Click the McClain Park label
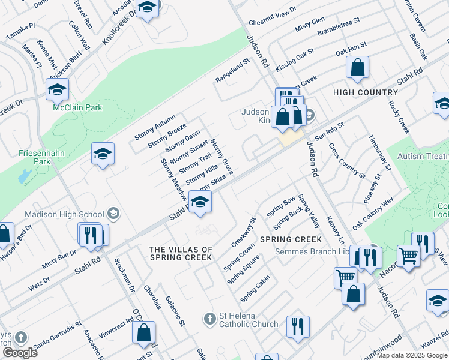pyautogui.click(x=77, y=108)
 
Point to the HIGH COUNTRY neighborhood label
pyautogui.click(x=365, y=92)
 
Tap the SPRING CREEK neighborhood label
pyautogui.click(x=291, y=239)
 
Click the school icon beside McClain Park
pyautogui.click(x=57, y=90)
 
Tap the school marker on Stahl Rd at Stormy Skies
pyautogui.click(x=200, y=201)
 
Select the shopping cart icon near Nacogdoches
pyautogui.click(x=409, y=255)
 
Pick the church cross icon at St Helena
pyautogui.click(x=209, y=317)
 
